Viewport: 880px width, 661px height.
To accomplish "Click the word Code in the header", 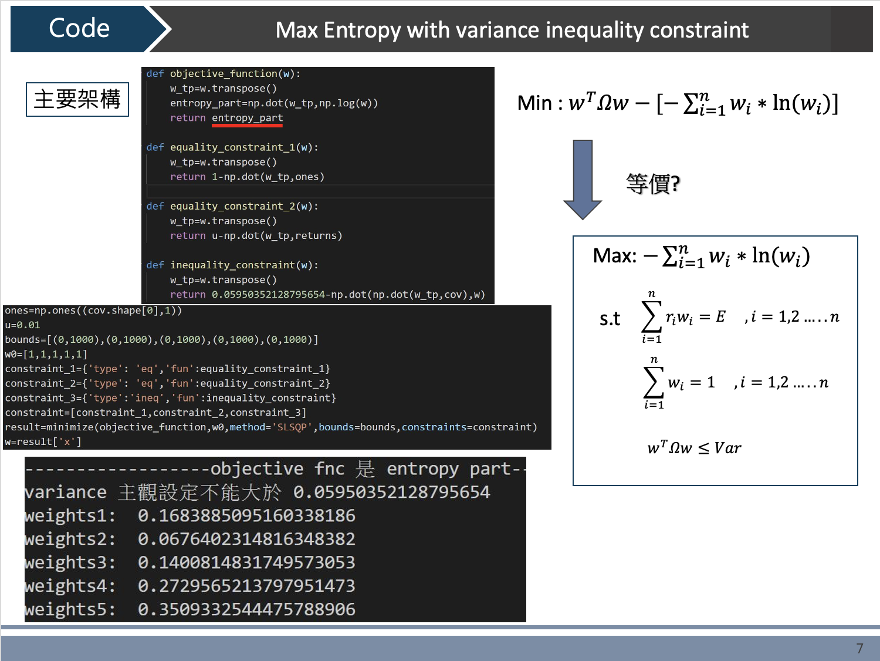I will point(79,28).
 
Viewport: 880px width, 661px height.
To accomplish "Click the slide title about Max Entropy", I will point(512,30).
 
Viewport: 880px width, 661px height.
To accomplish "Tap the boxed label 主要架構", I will point(77,99).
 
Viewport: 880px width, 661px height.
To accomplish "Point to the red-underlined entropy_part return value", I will point(247,118).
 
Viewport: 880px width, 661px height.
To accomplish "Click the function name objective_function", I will point(224,74).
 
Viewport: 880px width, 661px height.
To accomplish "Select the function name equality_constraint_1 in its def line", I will point(232,147).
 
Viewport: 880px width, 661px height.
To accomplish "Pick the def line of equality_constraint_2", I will point(232,206).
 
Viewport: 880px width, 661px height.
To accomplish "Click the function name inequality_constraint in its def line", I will point(232,265).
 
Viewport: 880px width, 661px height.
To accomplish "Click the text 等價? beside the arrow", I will point(653,184).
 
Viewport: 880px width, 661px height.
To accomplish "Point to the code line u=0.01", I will point(22,325).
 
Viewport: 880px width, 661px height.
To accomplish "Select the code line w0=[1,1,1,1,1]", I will point(46,355).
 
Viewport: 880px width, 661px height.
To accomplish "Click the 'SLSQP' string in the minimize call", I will point(292,427).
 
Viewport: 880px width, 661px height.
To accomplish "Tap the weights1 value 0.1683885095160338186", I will point(246,516).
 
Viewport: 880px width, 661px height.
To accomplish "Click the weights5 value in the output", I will point(246,609).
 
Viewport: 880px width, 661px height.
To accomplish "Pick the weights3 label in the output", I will point(70,562).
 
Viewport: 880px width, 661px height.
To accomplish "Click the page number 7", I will point(859,648).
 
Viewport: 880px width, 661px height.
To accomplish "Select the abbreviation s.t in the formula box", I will point(610,319).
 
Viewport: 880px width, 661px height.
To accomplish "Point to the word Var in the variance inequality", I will point(727,448).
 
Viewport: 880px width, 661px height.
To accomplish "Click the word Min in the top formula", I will point(534,103).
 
